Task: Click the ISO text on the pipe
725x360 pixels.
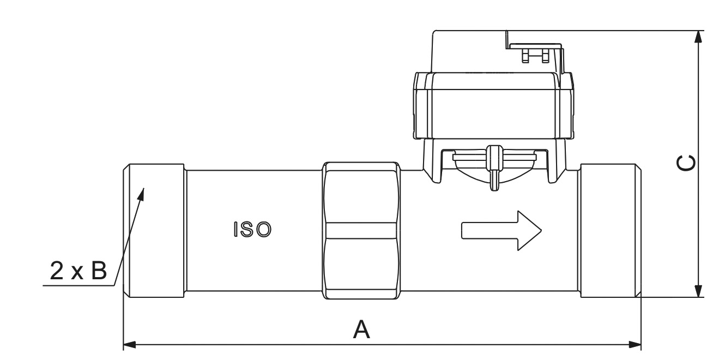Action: click(x=251, y=230)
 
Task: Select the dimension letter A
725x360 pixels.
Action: click(x=362, y=330)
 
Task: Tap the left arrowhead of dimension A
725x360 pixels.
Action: click(x=130, y=345)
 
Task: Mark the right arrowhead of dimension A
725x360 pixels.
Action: click(x=635, y=345)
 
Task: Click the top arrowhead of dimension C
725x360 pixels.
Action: click(x=698, y=37)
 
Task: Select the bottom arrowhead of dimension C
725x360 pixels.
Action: click(x=698, y=291)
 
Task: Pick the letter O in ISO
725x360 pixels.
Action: click(x=263, y=230)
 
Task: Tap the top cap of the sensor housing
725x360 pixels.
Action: click(x=469, y=52)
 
